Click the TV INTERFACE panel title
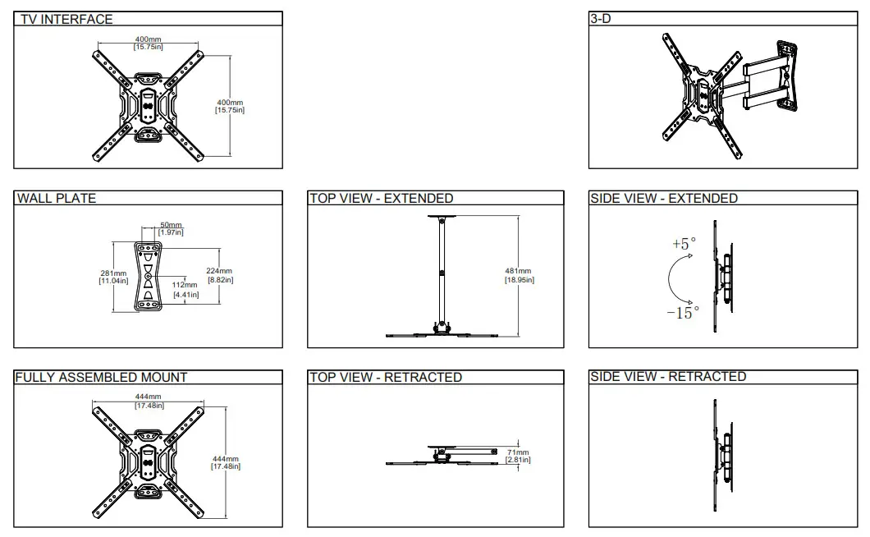tap(66, 19)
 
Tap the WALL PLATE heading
tap(57, 198)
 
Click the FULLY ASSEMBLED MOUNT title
tap(102, 377)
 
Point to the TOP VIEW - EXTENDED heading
tap(381, 198)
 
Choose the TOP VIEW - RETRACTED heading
tap(386, 377)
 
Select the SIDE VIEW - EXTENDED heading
tap(664, 198)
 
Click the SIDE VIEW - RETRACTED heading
tap(668, 376)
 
